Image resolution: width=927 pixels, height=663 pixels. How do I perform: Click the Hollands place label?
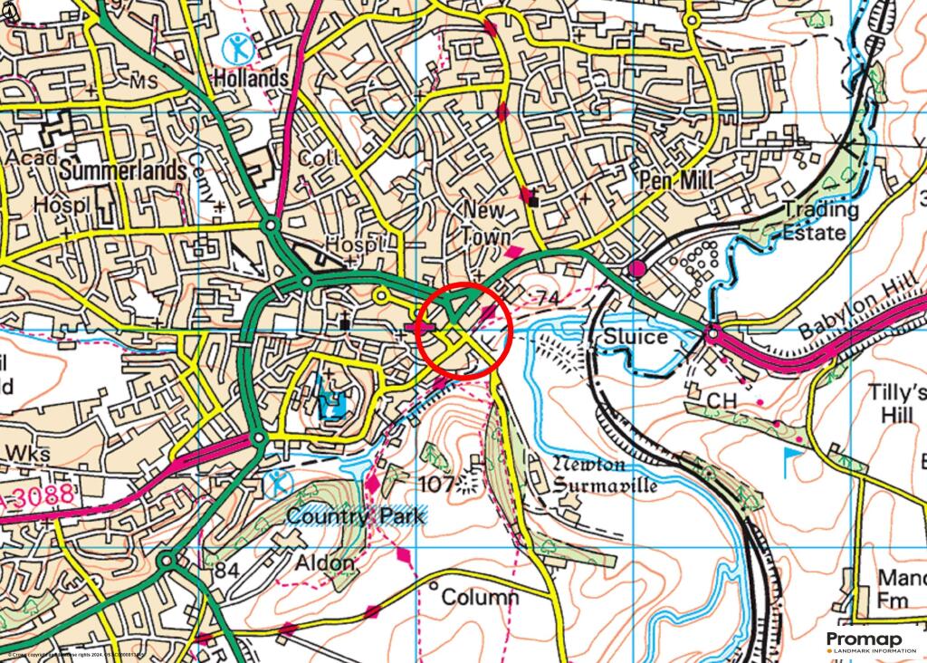tap(250, 79)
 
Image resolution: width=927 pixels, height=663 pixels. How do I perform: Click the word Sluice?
tap(636, 337)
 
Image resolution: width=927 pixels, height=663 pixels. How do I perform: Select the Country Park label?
tap(355, 515)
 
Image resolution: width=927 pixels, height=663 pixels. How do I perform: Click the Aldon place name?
tap(325, 563)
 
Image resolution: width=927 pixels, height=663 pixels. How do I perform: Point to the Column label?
tap(480, 598)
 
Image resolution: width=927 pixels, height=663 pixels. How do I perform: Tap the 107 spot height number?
tap(437, 484)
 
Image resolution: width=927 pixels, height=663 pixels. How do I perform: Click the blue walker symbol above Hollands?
tap(239, 46)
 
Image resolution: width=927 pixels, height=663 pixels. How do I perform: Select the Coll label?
tap(320, 158)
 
